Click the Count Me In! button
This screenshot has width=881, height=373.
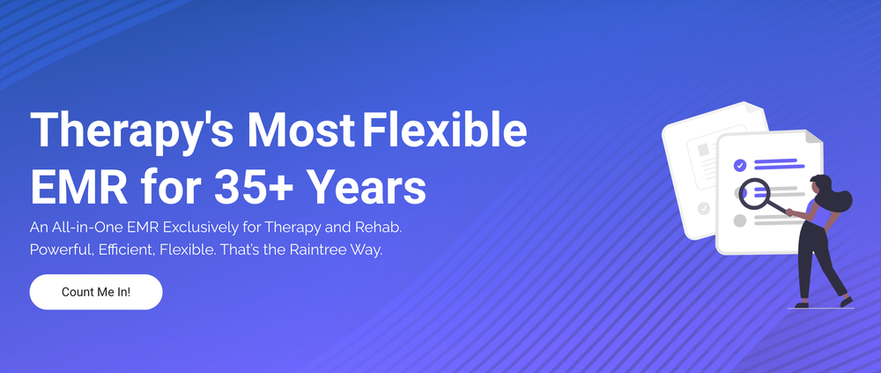tap(96, 292)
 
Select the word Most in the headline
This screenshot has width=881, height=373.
tap(299, 131)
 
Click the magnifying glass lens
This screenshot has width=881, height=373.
tap(753, 191)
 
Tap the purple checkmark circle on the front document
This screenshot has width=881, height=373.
tap(740, 165)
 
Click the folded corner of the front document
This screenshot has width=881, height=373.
tap(813, 141)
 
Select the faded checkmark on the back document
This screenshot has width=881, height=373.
tap(703, 209)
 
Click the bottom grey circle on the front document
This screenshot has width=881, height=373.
tap(740, 220)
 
